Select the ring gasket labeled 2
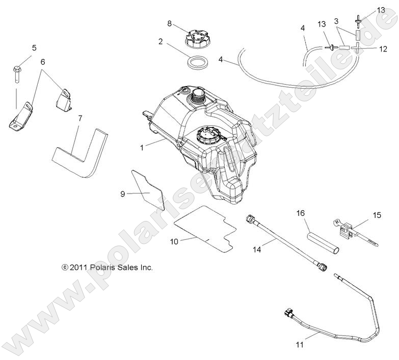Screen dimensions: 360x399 197,64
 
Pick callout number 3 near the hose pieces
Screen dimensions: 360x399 336,21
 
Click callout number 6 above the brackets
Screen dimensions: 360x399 43,62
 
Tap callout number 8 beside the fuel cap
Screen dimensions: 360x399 170,23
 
